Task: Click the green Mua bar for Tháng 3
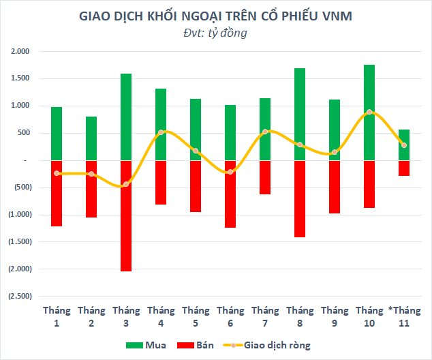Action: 126,117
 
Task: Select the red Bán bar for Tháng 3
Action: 126,215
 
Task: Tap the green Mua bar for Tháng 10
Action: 369,112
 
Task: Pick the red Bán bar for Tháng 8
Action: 299,198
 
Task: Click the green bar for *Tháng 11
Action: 404,145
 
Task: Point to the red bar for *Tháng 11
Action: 404,168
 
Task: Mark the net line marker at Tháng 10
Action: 369,112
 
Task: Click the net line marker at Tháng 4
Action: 161,132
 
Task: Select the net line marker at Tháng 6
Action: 230,171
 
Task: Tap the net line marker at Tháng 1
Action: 57,173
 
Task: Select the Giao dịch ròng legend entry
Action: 275,346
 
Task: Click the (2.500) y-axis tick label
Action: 19,296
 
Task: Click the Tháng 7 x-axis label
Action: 265,316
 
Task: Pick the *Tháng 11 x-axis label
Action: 404,316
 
